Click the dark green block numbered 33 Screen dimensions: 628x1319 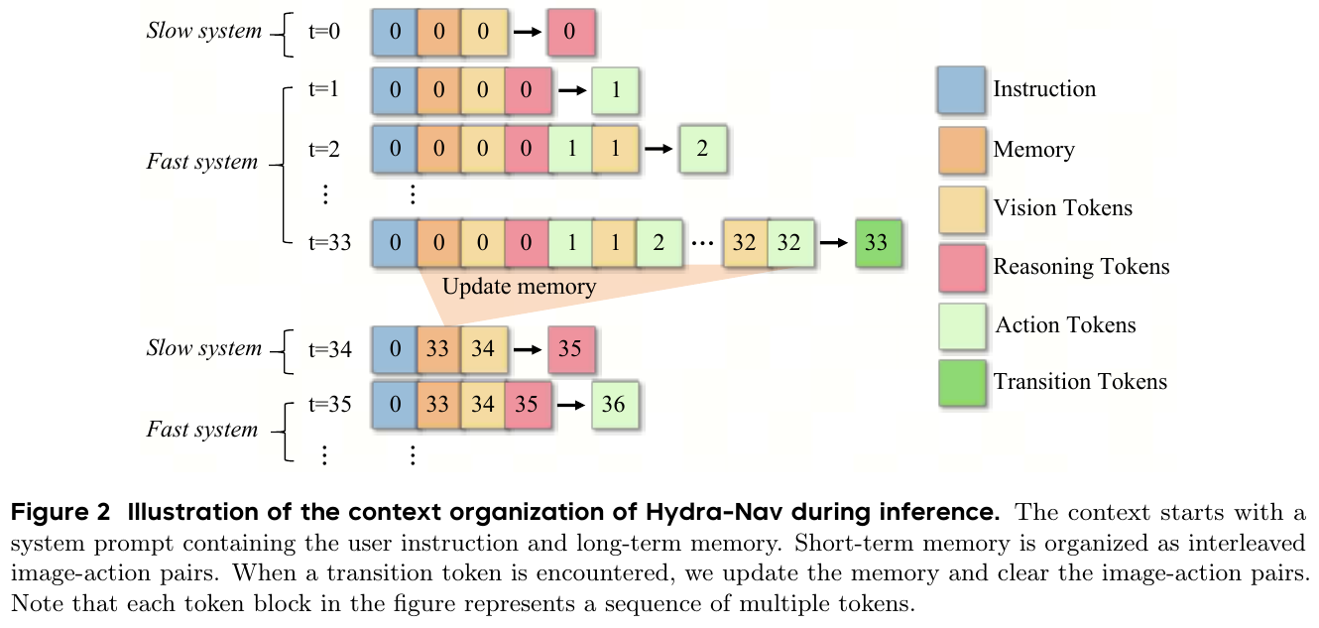coord(877,244)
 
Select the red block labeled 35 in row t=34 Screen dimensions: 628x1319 coord(569,349)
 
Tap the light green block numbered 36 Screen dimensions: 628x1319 coord(613,405)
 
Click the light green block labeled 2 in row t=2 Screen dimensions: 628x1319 coord(702,150)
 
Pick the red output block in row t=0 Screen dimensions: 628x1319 coord(569,32)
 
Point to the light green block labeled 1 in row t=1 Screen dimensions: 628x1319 coord(616,90)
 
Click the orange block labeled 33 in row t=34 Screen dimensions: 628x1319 coord(438,349)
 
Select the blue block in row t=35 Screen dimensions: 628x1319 coord(396,405)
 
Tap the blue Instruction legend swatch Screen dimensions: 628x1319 coord(960,90)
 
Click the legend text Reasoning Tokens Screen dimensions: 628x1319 coord(1081,267)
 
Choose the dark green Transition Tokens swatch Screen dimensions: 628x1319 coord(960,383)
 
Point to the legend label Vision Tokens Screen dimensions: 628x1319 coord(1062,208)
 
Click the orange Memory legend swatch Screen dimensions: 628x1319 coord(960,150)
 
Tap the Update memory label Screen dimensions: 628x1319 coord(519,288)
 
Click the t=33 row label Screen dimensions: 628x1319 coord(330,243)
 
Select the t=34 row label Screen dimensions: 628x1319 coord(330,349)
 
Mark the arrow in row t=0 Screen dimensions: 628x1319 coord(528,32)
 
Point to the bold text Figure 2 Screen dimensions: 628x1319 coord(51,514)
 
